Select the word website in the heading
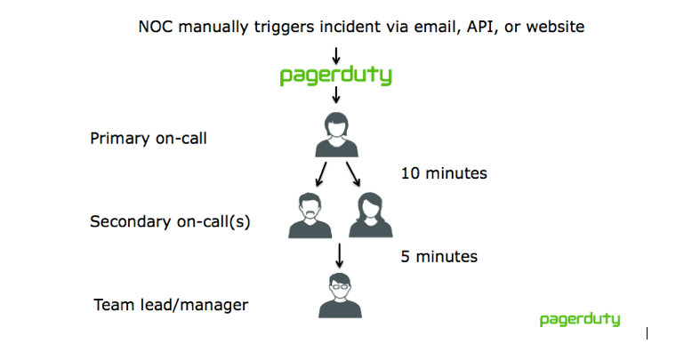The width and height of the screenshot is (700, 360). tap(555, 27)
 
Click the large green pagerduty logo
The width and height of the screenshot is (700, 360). tap(335, 75)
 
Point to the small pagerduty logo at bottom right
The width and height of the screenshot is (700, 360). tap(580, 319)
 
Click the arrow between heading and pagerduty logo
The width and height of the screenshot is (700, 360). tap(335, 56)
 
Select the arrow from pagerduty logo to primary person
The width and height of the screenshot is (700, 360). tap(335, 94)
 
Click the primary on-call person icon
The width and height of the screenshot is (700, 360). tap(336, 135)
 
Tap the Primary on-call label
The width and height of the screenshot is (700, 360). tap(149, 139)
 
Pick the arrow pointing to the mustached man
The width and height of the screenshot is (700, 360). tap(321, 174)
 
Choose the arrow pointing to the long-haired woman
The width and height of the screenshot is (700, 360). tap(353, 174)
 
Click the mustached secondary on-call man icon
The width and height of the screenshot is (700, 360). tap(310, 215)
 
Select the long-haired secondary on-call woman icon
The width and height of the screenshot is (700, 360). tap(371, 215)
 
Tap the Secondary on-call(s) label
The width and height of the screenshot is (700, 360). tap(170, 221)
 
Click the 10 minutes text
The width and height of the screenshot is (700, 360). tap(444, 173)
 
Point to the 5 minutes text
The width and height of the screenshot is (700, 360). tap(439, 257)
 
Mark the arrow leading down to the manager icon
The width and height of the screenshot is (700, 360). tap(339, 256)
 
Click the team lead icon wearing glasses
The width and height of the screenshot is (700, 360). tap(340, 295)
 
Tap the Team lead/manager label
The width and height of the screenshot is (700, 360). tap(171, 305)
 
